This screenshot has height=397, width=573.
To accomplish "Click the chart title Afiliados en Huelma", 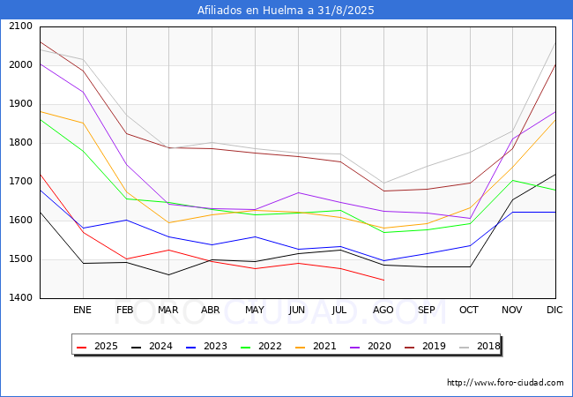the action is (286, 10).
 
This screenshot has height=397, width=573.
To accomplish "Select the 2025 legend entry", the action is (97, 346).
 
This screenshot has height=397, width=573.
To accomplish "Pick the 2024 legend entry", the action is (152, 346).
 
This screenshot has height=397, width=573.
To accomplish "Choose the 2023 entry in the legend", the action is (206, 346).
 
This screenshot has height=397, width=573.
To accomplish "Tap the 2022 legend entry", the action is (261, 346).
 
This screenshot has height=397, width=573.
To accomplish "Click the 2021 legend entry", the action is (316, 346).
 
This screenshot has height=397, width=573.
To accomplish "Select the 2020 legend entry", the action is (370, 346).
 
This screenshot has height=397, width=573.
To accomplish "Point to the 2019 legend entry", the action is (425, 346).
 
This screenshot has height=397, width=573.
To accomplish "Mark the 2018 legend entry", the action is (480, 346).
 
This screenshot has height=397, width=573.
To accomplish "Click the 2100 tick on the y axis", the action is (21, 26).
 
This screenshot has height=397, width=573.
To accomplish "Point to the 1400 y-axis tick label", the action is (21, 297).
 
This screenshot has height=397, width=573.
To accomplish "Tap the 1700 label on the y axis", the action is (21, 182).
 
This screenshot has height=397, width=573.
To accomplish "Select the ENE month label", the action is (82, 310).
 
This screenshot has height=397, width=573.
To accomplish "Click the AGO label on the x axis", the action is (383, 310).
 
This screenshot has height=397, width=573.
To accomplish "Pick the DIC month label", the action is (554, 310).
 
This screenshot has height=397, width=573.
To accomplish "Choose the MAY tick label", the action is (255, 310).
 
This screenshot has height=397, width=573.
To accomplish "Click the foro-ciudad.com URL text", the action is (505, 383).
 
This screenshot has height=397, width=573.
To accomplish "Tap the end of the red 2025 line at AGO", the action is (383, 280).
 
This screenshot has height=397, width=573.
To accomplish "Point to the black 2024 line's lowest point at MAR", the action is (169, 274).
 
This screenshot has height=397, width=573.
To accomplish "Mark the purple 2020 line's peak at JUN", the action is (298, 192).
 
